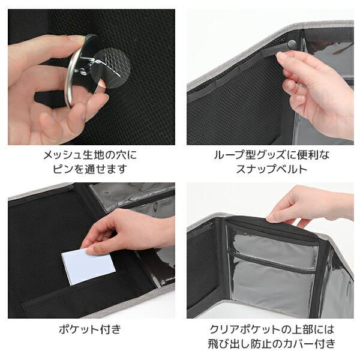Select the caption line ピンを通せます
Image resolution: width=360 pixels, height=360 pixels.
[x=92, y=169]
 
